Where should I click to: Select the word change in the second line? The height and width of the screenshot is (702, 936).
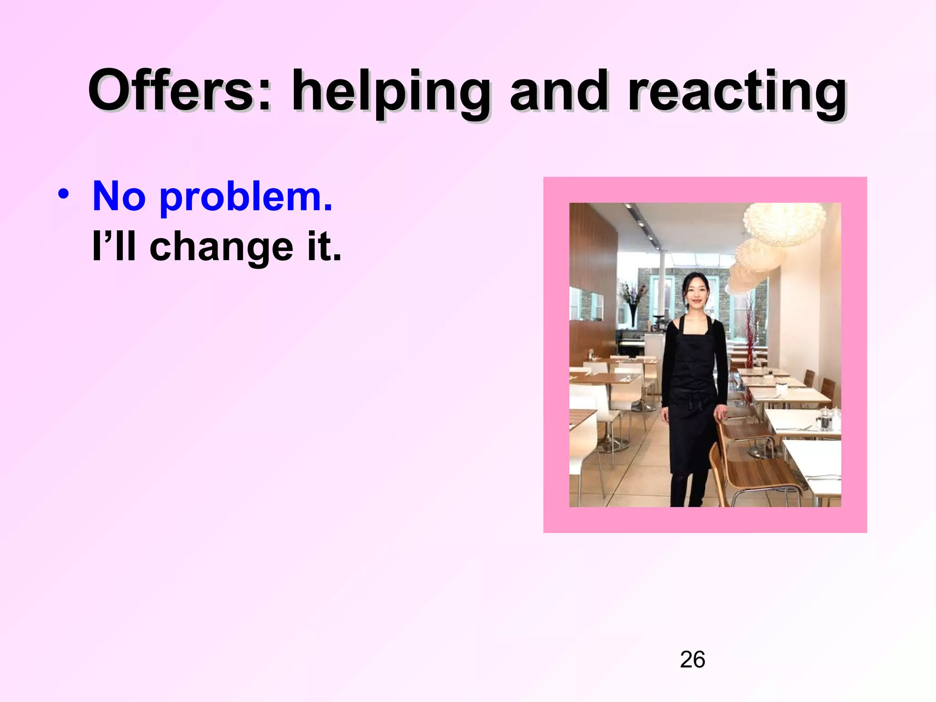tap(221, 248)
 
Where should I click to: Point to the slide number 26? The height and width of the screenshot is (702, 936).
tap(692, 659)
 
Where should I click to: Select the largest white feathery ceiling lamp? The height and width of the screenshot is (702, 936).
tap(784, 224)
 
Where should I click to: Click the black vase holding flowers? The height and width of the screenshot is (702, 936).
tap(633, 315)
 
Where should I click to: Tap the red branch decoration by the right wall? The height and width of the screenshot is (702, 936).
tap(751, 334)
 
